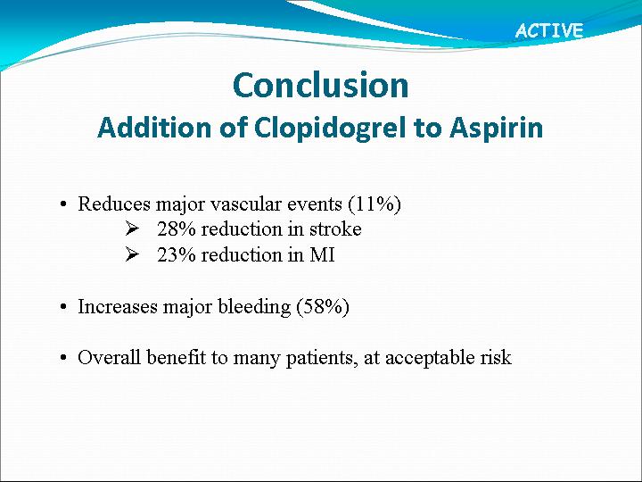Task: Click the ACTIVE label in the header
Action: pyautogui.click(x=549, y=30)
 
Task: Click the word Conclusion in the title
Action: pyautogui.click(x=321, y=86)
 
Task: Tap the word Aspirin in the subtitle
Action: pyautogui.click(x=497, y=128)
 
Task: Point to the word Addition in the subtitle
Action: pyautogui.click(x=155, y=128)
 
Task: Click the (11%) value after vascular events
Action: pyautogui.click(x=374, y=204)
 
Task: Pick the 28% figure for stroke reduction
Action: pyautogui.click(x=177, y=229)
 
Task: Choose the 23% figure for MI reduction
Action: pyautogui.click(x=177, y=255)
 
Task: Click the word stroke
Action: pyautogui.click(x=335, y=229)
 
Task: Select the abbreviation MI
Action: pyautogui.click(x=322, y=255)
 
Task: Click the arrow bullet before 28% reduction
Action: pyautogui.click(x=132, y=229)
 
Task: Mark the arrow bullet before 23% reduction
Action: pyautogui.click(x=132, y=255)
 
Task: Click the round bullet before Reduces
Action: pyautogui.click(x=62, y=204)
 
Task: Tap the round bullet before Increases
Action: pyautogui.click(x=62, y=307)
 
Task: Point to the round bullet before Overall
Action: pyautogui.click(x=62, y=358)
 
